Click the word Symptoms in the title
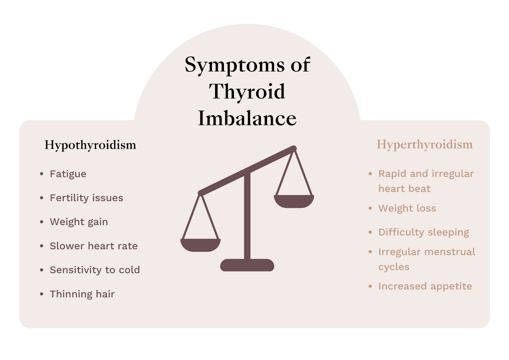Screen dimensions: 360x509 [x=234, y=65]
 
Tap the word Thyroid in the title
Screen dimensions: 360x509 [x=247, y=92]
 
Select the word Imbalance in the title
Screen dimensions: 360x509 [x=247, y=118]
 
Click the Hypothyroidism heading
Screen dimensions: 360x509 [x=90, y=145]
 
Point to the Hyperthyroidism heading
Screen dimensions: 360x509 [x=425, y=145]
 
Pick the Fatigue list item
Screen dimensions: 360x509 [x=68, y=174]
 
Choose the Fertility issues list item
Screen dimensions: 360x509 [x=86, y=198]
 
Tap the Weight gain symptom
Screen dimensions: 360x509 [x=79, y=222]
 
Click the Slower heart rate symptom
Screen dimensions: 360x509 [x=94, y=246]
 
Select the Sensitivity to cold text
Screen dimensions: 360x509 [x=95, y=270]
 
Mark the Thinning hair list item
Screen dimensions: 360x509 [x=82, y=294]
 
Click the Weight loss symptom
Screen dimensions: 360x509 [x=407, y=208]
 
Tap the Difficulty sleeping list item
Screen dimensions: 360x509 [x=424, y=232]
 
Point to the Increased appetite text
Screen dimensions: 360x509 [x=425, y=286]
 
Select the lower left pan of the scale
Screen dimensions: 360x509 [x=200, y=245]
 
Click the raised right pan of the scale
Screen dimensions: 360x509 [x=294, y=201]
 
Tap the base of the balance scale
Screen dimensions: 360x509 [x=247, y=265]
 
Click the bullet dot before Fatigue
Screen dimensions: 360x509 [x=42, y=174]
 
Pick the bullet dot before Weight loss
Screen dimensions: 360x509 [x=370, y=208]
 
